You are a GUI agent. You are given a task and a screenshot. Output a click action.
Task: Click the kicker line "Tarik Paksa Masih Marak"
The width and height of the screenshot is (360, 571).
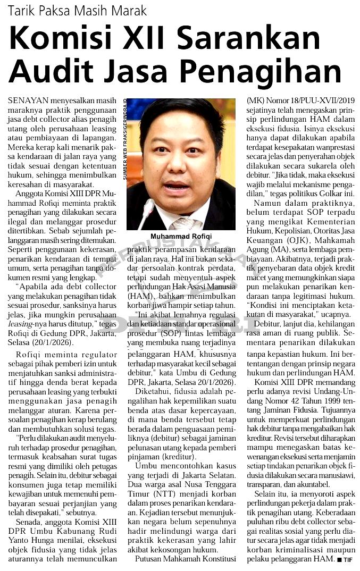point(77,10)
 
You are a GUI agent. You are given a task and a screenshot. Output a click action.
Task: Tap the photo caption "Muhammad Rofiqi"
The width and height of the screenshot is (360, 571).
point(181,236)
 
